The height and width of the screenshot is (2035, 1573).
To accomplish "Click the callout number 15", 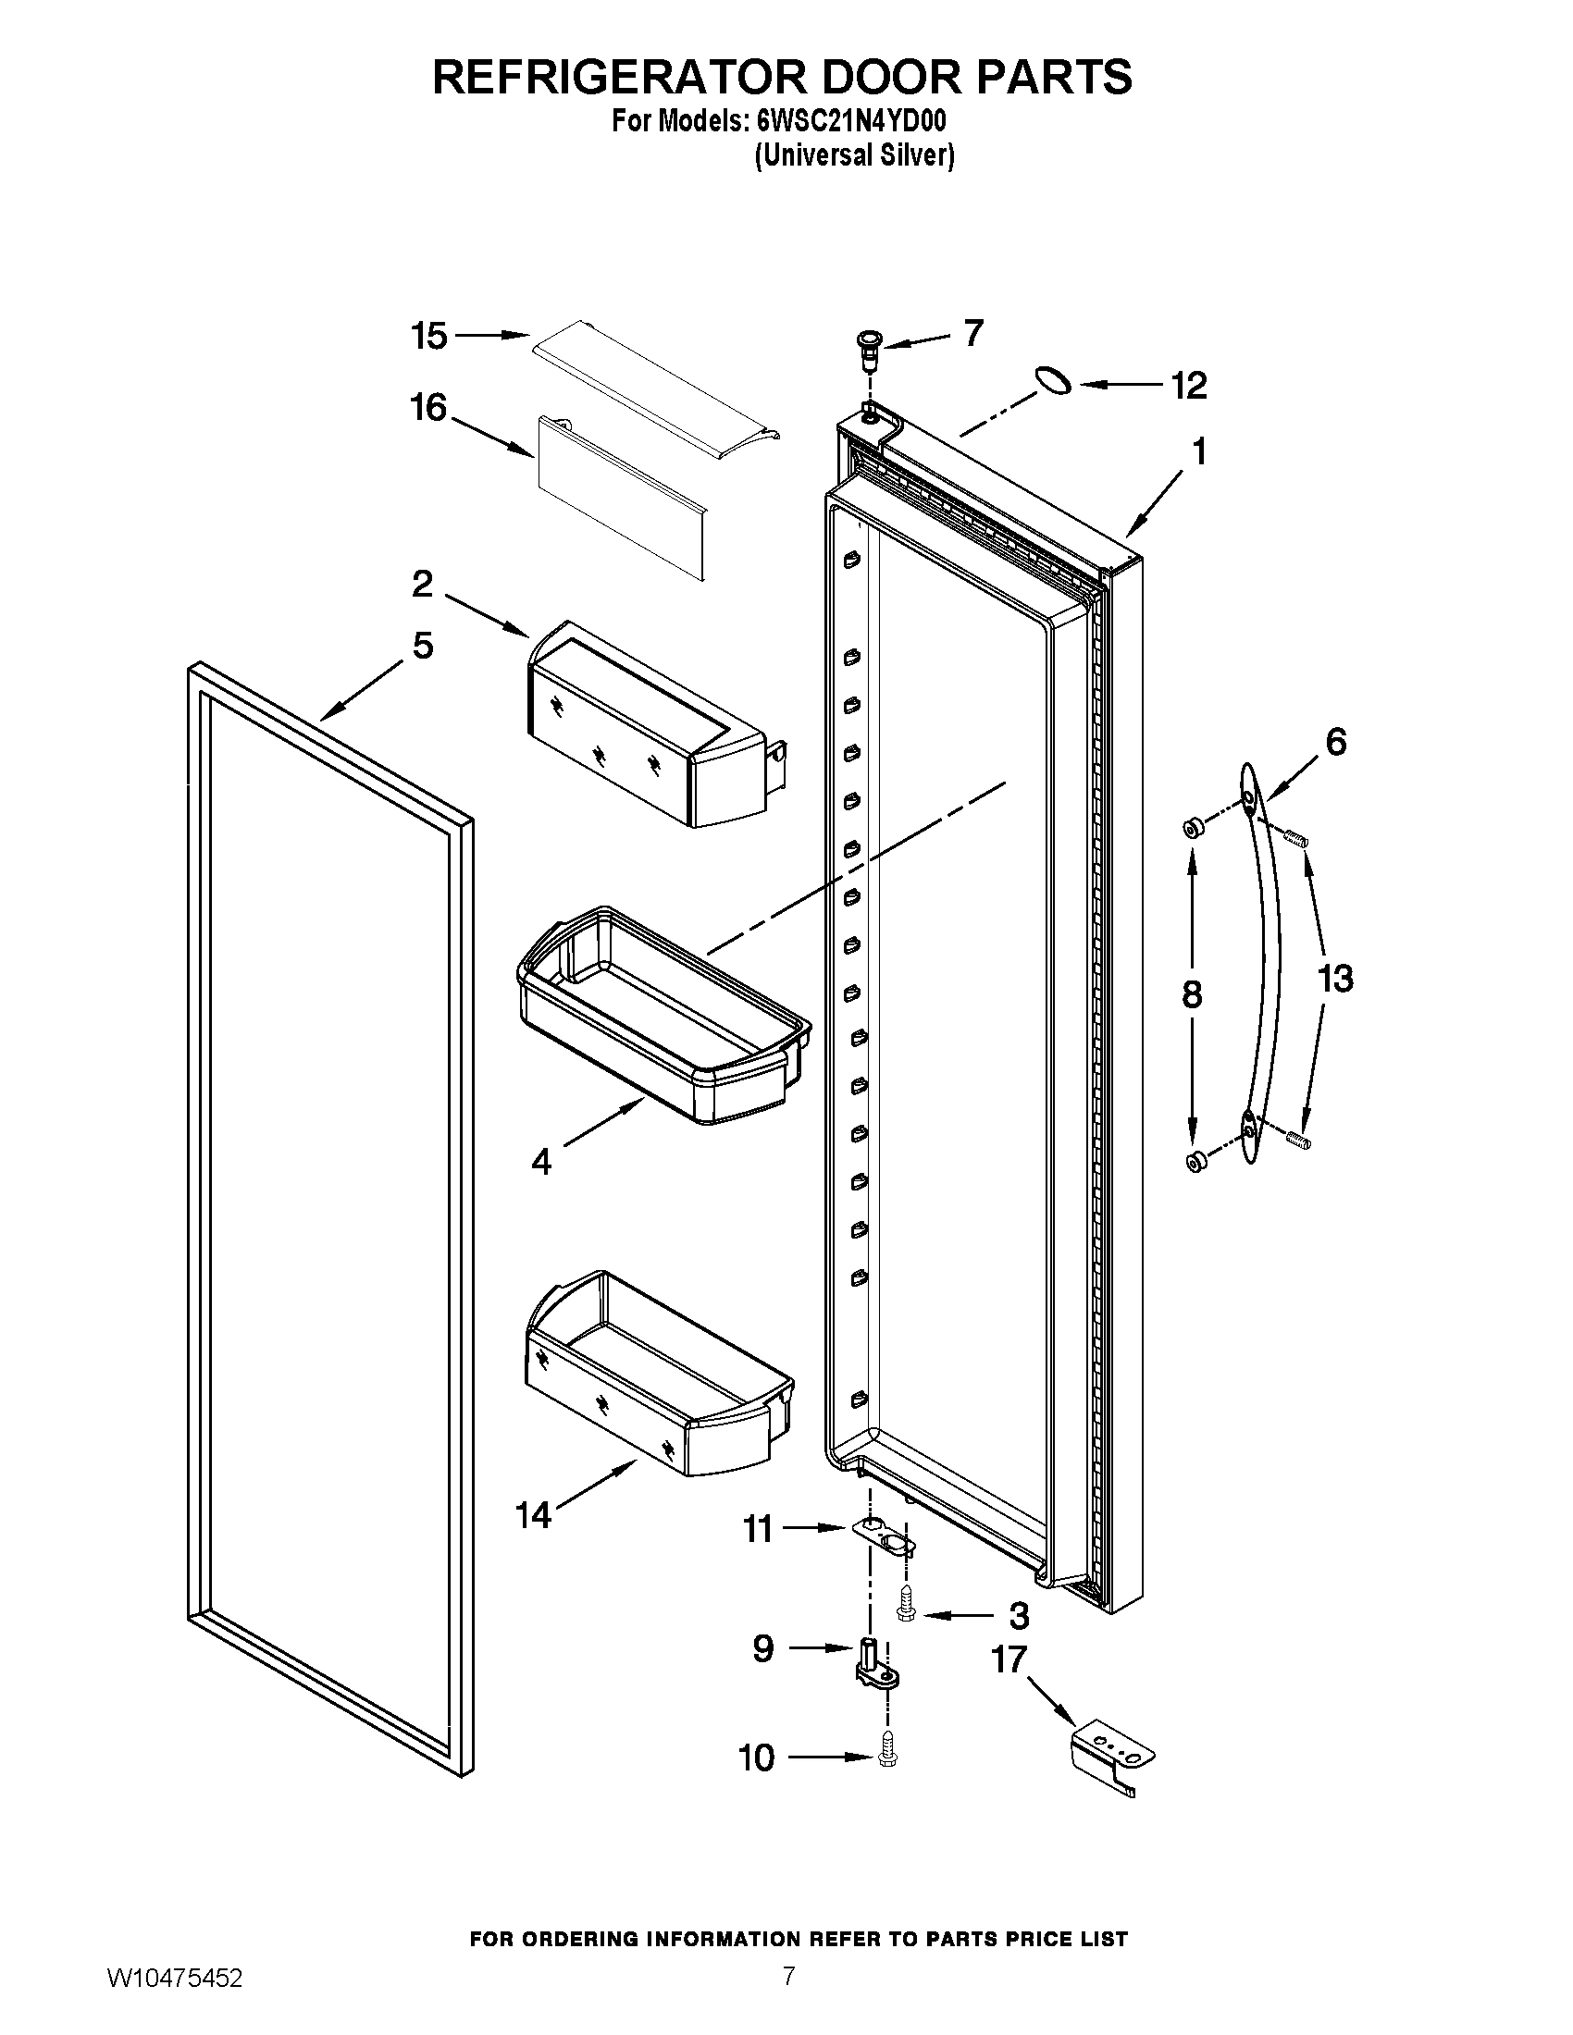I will (x=429, y=337).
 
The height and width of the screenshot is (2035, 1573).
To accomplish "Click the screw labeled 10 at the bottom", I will (x=886, y=1758).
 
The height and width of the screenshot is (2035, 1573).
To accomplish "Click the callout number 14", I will (x=535, y=1515).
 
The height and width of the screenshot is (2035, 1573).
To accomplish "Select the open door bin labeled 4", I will (x=662, y=1016).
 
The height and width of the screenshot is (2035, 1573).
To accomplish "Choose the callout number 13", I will (x=1334, y=979).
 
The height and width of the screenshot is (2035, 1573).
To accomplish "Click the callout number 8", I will (x=1192, y=995).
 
